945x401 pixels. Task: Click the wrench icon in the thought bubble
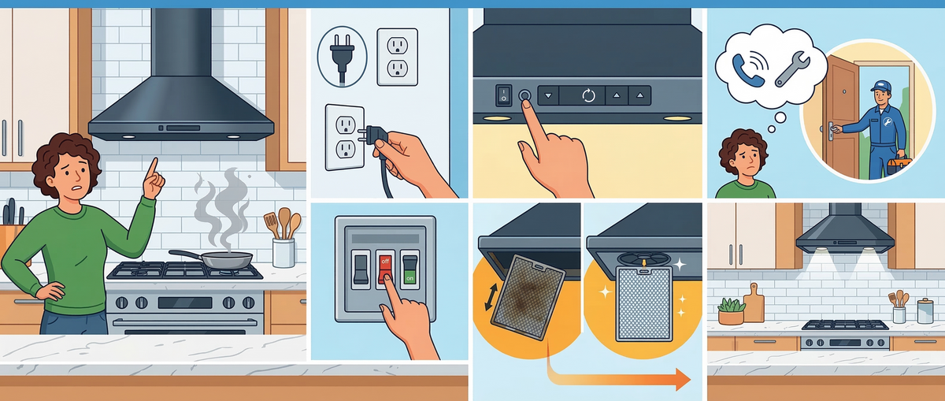(792, 69)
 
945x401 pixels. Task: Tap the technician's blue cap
(881, 86)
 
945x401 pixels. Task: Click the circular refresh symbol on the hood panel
(588, 95)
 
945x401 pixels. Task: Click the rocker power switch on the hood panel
(503, 95)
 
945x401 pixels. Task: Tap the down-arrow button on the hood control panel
(548, 95)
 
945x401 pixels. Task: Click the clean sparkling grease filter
(644, 303)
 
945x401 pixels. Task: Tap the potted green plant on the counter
(731, 311)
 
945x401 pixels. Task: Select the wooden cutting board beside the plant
(754, 303)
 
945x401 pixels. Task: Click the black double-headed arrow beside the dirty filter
(491, 297)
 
